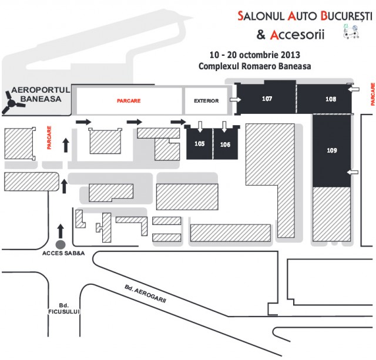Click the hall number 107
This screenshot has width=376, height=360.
[x=267, y=99]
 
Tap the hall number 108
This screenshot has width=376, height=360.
[x=331, y=100]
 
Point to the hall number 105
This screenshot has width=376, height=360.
[x=199, y=144]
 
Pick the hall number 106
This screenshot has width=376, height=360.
[x=225, y=144]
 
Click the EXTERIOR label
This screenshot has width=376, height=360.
[x=206, y=101]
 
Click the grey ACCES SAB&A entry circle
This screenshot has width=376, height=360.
[x=59, y=244]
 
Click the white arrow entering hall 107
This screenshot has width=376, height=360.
[x=234, y=100]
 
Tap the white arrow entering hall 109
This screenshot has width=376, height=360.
[x=353, y=171]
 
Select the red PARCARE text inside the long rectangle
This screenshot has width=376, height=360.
[x=128, y=101]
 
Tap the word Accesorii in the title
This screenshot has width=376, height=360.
[x=297, y=35]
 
